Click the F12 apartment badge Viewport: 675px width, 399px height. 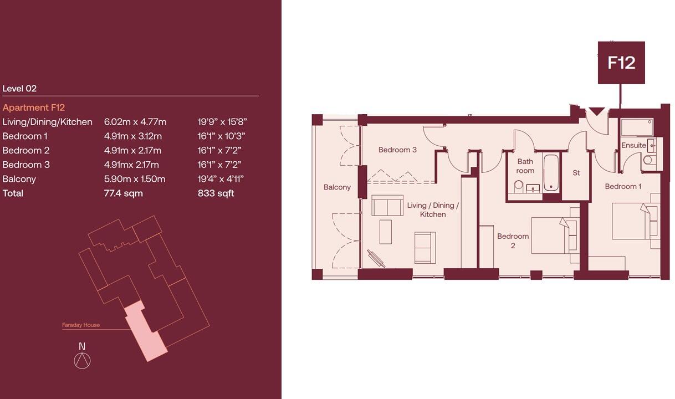(x=621, y=63)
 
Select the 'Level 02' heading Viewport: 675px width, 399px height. (x=19, y=88)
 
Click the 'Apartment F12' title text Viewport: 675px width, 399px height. (x=34, y=108)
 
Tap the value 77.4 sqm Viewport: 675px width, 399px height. (x=123, y=193)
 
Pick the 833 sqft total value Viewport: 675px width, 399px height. (x=216, y=193)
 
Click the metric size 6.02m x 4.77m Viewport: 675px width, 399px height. (x=135, y=122)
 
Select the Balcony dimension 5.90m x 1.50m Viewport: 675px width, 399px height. (x=134, y=179)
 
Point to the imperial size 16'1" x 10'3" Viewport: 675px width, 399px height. (x=221, y=136)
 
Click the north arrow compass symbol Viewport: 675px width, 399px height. (x=82, y=361)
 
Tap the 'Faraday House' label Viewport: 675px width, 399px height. (x=81, y=325)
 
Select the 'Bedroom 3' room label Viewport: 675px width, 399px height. (x=397, y=150)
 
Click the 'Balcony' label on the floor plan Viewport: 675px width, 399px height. (x=337, y=187)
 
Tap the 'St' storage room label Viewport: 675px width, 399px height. (x=576, y=173)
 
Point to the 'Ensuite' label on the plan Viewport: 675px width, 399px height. (x=633, y=145)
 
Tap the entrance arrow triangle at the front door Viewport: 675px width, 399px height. (x=596, y=111)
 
